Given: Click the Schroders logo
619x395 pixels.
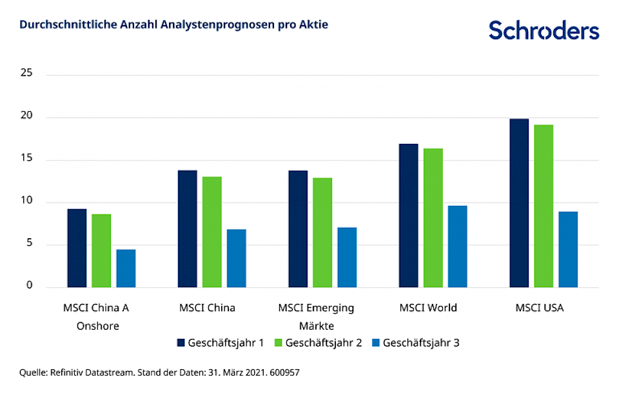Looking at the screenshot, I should (544, 30).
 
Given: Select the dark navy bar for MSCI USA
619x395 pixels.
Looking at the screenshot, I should (519, 203).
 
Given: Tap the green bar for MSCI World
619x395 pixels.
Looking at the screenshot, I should (433, 218).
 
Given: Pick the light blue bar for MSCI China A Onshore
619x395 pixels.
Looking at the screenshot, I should (126, 268).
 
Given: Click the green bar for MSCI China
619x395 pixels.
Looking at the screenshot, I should (211, 232).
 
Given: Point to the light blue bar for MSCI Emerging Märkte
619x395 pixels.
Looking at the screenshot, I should (347, 258).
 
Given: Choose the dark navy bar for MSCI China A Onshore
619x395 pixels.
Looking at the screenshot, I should (77, 248).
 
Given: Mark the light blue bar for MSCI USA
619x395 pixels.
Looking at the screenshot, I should (568, 250).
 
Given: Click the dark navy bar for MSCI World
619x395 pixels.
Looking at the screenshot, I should (408, 216).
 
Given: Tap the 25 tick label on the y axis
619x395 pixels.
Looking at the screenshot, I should (26, 74).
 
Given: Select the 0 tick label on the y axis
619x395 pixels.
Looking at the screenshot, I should (29, 287).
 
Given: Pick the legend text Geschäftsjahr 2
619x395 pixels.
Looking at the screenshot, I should (323, 343).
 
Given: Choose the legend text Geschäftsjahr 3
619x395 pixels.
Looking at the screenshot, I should (421, 343).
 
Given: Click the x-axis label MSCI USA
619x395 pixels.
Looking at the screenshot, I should (539, 308).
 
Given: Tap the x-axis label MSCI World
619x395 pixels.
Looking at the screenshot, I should (427, 308).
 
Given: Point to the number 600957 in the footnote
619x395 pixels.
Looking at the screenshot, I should (284, 372).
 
